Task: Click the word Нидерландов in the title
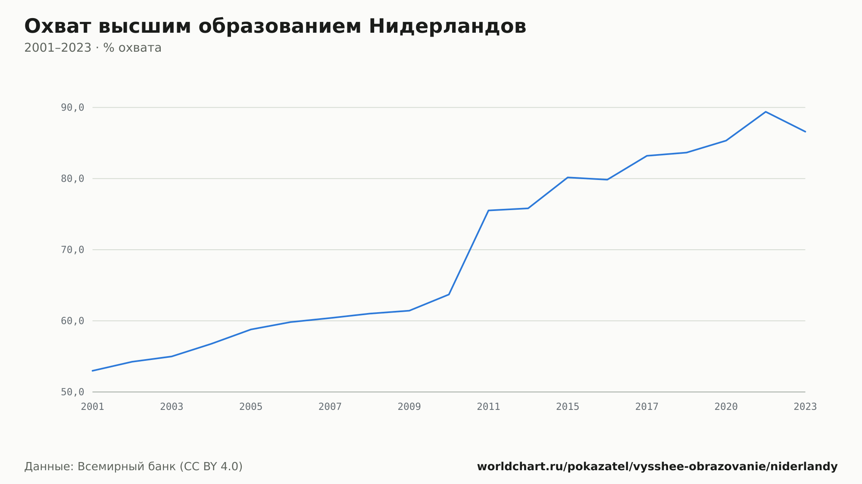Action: click(447, 26)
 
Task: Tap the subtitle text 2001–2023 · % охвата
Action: click(93, 48)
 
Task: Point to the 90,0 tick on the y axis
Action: click(72, 108)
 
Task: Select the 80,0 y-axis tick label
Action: click(72, 179)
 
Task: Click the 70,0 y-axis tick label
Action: click(72, 250)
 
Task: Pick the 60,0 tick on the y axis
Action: click(72, 321)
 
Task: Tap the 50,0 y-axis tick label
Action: click(72, 392)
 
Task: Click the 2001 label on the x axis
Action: click(93, 407)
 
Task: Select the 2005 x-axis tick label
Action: click(251, 407)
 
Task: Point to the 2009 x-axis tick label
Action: click(409, 407)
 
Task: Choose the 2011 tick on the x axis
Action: click(488, 407)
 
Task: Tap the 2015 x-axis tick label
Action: click(568, 407)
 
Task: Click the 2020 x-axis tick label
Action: click(726, 407)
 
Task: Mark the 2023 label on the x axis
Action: click(805, 407)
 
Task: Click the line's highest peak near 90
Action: click(765, 112)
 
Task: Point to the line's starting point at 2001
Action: click(93, 371)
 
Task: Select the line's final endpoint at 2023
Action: click(805, 131)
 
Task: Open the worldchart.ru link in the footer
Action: click(657, 467)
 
